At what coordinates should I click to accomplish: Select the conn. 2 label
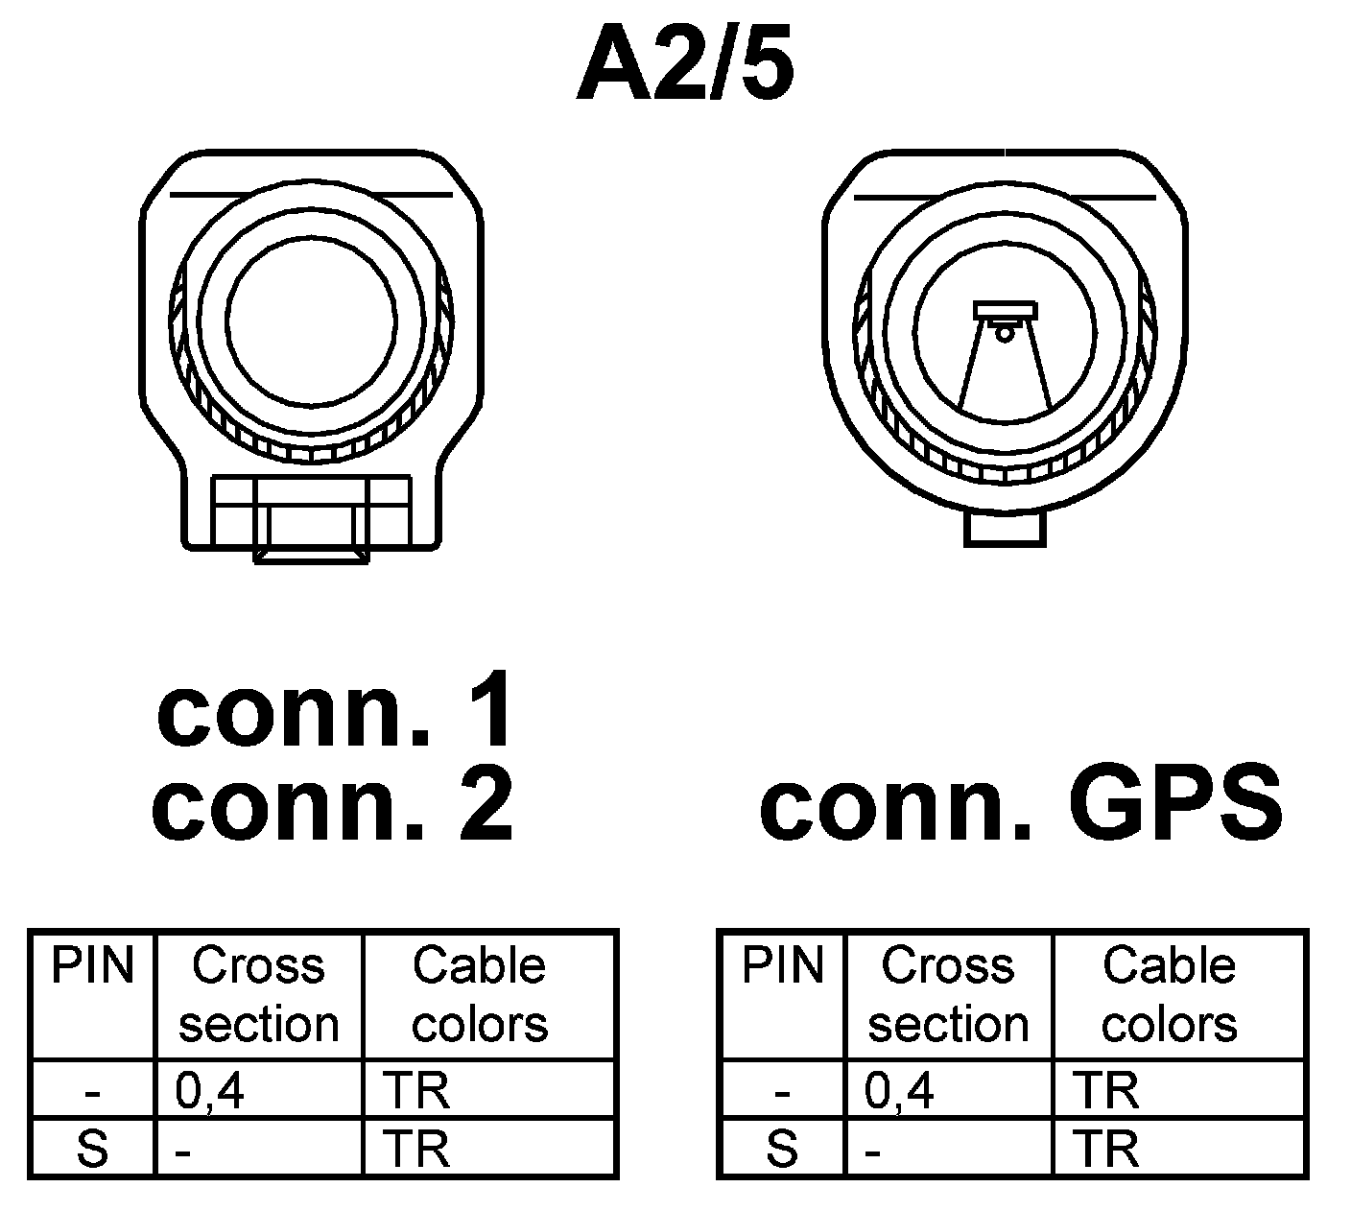click(x=333, y=804)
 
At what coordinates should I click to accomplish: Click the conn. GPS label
click(x=1021, y=804)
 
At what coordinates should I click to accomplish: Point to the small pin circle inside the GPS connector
click(x=1004, y=334)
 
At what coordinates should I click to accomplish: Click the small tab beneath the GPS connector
click(x=1004, y=530)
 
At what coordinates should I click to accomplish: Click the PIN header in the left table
click(x=92, y=964)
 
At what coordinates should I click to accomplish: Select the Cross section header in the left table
click(x=259, y=994)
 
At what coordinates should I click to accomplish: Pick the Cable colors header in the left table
click(x=480, y=994)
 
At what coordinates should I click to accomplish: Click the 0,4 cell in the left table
click(x=210, y=1090)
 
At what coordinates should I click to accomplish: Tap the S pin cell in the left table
click(x=92, y=1148)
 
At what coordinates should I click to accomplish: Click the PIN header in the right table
click(x=782, y=964)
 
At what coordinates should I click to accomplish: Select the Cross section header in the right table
click(x=948, y=994)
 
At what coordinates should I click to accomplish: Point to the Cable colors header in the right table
click(x=1169, y=994)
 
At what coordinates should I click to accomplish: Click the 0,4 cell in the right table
click(x=899, y=1090)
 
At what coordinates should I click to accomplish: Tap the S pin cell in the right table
click(x=782, y=1148)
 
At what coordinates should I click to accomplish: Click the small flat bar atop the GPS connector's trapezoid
click(x=1005, y=310)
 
